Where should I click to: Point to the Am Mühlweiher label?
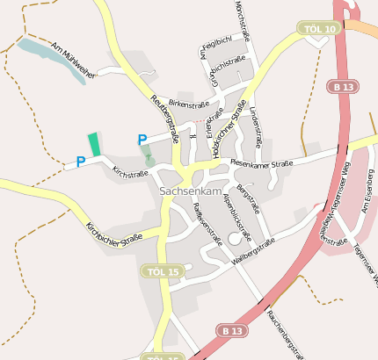coord(71,58)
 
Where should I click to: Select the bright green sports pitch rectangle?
coord(94,144)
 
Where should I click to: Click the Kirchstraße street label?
coord(131,174)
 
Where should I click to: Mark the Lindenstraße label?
coord(257,126)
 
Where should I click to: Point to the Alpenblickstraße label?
coord(237,217)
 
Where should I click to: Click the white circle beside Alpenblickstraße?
coord(235,238)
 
